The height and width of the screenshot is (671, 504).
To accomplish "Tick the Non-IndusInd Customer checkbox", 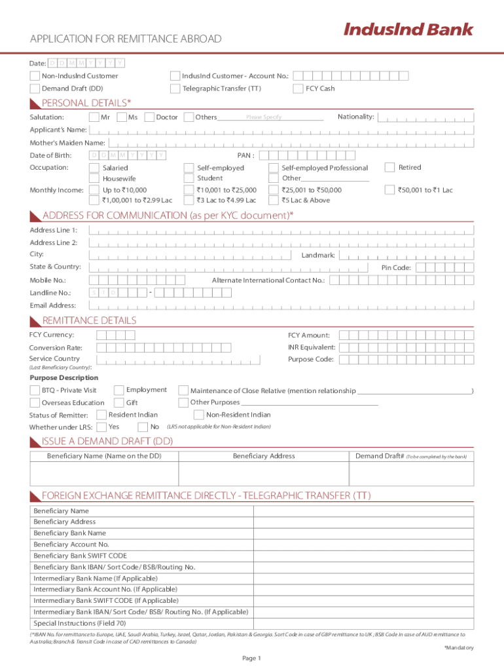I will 35,76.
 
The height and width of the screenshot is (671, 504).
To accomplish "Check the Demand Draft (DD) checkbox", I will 35,88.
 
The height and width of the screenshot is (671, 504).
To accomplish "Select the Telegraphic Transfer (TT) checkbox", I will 175,88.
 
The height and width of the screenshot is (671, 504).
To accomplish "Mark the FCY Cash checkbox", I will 298,88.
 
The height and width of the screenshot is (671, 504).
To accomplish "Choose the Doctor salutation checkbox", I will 149,117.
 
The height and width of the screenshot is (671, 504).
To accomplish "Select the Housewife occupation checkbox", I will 95,178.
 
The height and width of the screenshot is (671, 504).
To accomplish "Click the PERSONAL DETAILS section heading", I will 86,103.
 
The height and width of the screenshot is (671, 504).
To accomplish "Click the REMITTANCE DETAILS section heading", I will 89,320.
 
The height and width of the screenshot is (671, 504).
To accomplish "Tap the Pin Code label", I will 396,267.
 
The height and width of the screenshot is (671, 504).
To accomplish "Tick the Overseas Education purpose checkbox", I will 35,402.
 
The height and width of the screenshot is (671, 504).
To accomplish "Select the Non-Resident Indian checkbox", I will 198,415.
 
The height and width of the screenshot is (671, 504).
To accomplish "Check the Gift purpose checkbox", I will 119,402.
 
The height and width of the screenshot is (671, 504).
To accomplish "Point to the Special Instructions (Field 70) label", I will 79,623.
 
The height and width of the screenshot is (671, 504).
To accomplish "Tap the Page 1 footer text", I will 251,658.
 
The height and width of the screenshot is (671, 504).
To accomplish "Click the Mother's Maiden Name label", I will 67,143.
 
